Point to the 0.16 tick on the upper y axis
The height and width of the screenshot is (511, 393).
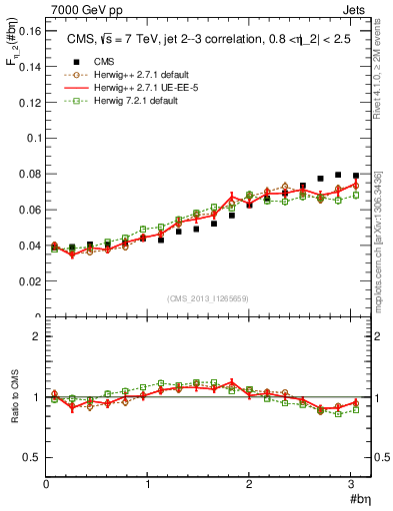[30, 32]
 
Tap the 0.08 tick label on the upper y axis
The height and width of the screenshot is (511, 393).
[30, 175]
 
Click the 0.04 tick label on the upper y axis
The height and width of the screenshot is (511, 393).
[30, 247]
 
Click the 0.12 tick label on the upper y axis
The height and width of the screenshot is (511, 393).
[30, 104]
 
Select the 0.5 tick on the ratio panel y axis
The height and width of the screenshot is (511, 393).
[33, 457]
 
